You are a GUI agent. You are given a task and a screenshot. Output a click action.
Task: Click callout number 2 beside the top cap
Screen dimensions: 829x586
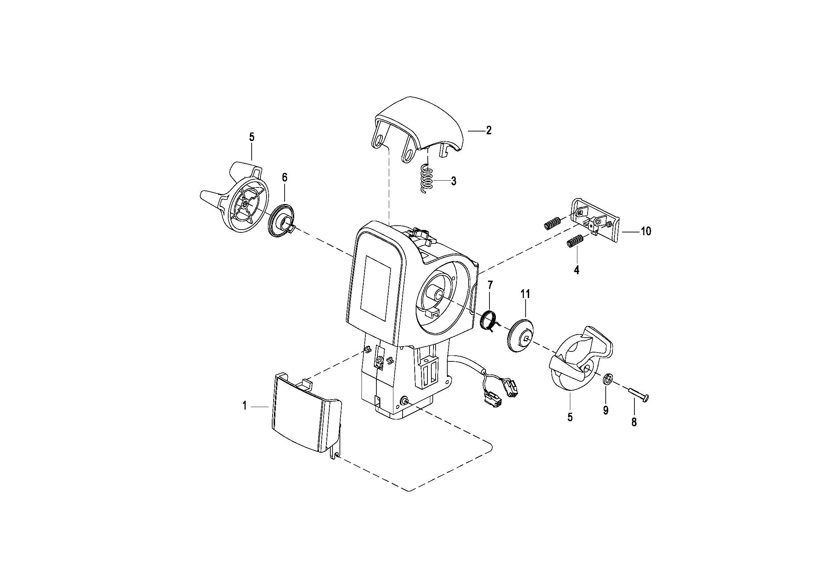(488, 130)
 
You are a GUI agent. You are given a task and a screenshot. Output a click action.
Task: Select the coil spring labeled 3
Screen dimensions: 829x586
(427, 179)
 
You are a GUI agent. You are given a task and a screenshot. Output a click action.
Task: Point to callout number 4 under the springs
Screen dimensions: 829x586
(577, 270)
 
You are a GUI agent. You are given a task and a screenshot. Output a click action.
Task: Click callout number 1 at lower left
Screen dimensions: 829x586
(245, 406)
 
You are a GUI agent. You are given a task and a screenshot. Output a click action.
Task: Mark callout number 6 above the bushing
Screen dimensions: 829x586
(285, 178)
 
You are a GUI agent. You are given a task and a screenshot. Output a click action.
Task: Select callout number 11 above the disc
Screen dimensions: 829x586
(525, 294)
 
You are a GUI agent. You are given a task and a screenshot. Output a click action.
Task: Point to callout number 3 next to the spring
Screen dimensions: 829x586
(454, 181)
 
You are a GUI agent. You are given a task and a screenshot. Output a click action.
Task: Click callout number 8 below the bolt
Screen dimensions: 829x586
(634, 422)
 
